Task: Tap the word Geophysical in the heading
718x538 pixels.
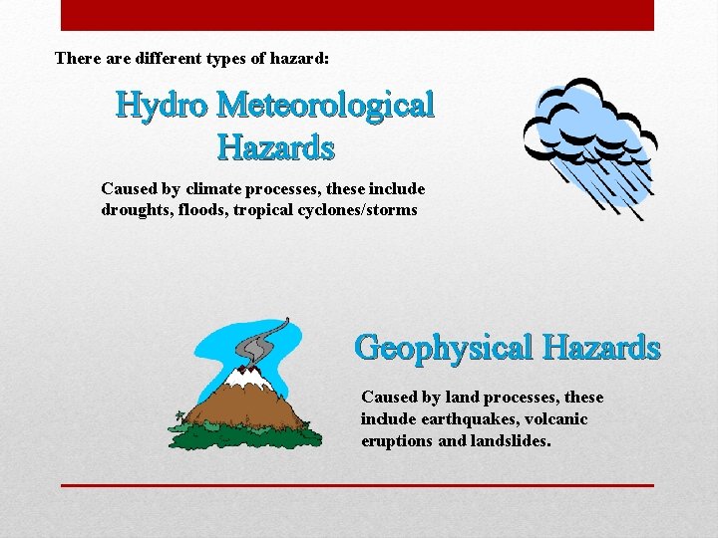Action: point(444,348)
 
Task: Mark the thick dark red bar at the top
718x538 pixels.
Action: point(357,15)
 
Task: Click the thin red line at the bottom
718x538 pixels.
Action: point(357,485)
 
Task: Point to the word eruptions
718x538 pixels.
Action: point(397,440)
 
